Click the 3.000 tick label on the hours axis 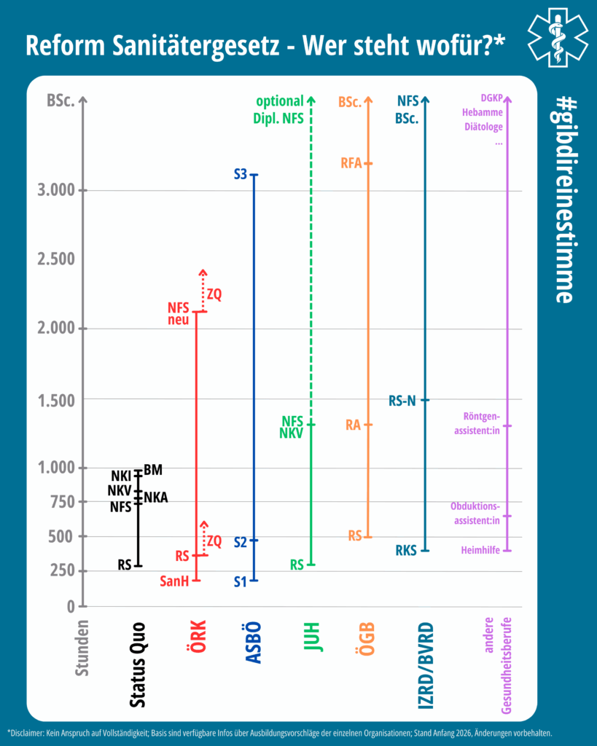point(56,190)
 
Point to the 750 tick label point(63,501)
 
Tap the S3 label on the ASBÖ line point(241,175)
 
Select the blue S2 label point(241,542)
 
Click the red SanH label point(174,581)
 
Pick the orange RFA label point(351,163)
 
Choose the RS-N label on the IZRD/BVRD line point(402,401)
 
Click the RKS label point(406,551)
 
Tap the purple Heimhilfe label point(480,550)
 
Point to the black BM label point(153,470)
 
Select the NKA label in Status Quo point(156,498)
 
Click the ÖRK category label point(196,636)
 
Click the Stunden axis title point(82,648)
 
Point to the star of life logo point(558,36)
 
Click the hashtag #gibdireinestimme point(565,200)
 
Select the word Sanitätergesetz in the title point(195,46)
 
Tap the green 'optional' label point(279,101)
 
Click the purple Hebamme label point(483,112)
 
